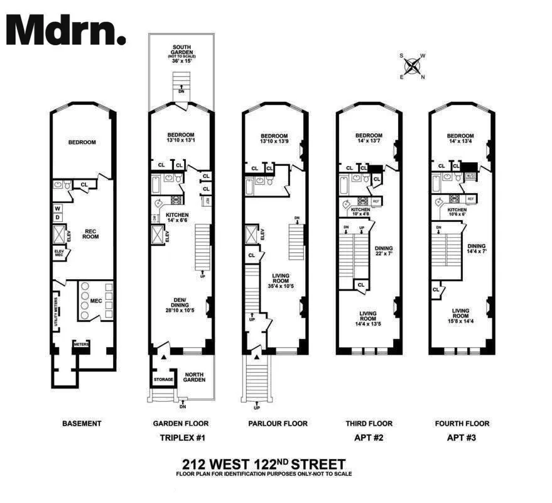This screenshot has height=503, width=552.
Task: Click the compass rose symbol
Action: coord(412,65)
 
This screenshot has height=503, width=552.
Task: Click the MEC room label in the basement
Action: coord(95,301)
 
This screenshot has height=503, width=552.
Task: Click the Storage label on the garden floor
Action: coord(163,379)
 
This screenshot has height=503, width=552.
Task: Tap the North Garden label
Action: coord(195,378)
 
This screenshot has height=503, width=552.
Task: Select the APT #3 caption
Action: coord(462,438)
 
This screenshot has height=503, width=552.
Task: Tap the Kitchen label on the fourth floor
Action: coord(457,209)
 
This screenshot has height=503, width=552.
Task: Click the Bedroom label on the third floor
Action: coord(369,135)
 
